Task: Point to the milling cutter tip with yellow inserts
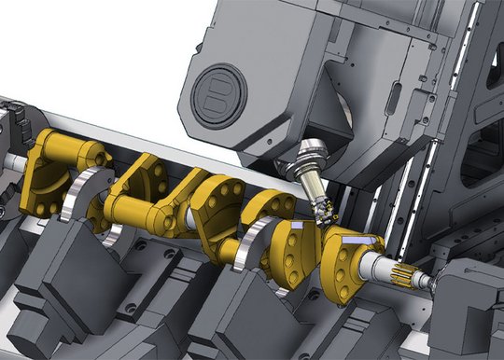click(326, 215)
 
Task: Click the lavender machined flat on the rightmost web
click(353, 242)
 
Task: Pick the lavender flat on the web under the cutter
click(297, 228)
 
